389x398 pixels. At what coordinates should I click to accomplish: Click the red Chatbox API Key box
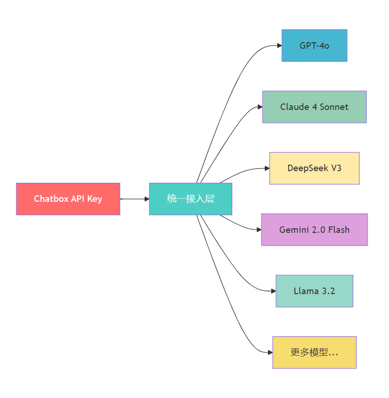pyautogui.click(x=68, y=199)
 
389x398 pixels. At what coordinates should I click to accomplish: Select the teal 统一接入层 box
pyautogui.click(x=191, y=199)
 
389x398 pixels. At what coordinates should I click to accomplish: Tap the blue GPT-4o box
pyautogui.click(x=314, y=45)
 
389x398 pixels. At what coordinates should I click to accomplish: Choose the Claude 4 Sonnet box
pyautogui.click(x=314, y=107)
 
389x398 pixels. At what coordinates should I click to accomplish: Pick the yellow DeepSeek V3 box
pyautogui.click(x=314, y=168)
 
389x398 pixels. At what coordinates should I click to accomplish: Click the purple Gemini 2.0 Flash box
pyautogui.click(x=314, y=230)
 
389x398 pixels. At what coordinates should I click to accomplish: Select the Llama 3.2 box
pyautogui.click(x=314, y=291)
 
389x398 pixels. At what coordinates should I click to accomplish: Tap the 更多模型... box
pyautogui.click(x=314, y=353)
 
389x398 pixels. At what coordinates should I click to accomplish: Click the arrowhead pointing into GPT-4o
pyautogui.click(x=280, y=45)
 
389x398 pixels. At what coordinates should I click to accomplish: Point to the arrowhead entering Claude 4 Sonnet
pyautogui.click(x=261, y=107)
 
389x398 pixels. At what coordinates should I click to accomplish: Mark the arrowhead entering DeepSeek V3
pyautogui.click(x=267, y=168)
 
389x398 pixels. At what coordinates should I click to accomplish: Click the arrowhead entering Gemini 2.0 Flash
pyautogui.click(x=259, y=230)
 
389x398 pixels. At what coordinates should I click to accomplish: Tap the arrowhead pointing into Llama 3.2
pyautogui.click(x=274, y=291)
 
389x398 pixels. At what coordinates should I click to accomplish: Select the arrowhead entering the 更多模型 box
pyautogui.click(x=270, y=353)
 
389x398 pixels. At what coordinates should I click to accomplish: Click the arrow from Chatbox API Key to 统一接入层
pyautogui.click(x=135, y=199)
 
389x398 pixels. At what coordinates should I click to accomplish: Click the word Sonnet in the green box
pyautogui.click(x=334, y=107)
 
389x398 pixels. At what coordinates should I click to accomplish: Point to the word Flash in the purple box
pyautogui.click(x=339, y=230)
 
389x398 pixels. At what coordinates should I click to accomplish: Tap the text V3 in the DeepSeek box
pyautogui.click(x=336, y=168)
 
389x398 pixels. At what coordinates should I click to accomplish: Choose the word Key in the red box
pyautogui.click(x=95, y=199)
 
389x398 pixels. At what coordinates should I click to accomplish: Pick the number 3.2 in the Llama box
pyautogui.click(x=328, y=291)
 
